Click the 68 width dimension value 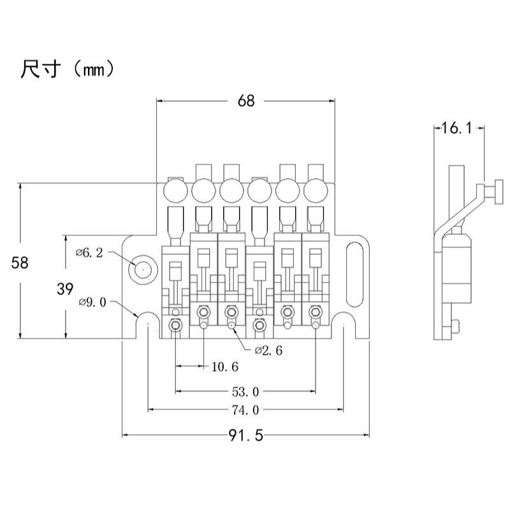(x=245, y=101)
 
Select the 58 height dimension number (x=20, y=262)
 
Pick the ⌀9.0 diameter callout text (x=93, y=302)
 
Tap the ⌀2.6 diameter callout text (x=268, y=350)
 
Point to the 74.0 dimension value (x=246, y=410)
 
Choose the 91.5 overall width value (x=245, y=435)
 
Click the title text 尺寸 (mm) (x=68, y=69)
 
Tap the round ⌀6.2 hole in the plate (x=142, y=269)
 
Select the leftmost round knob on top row (x=175, y=189)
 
